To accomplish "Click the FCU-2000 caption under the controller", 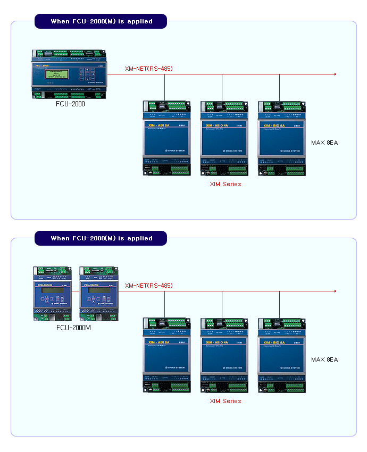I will click(70, 104).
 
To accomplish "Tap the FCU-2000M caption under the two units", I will click(73, 328).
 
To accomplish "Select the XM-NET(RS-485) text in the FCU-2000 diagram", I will click(148, 69).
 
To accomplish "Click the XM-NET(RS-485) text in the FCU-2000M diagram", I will click(148, 286).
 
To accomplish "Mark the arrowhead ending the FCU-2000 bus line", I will click(335, 74).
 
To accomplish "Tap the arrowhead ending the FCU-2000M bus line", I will click(335, 291).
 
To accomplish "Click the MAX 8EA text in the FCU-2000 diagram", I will click(324, 143).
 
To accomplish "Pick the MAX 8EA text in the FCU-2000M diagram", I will click(324, 359).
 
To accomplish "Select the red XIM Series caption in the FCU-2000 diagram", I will click(225, 184).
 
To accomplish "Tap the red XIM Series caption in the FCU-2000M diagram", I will click(225, 401).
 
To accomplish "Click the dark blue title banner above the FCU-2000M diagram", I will click(101, 238).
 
